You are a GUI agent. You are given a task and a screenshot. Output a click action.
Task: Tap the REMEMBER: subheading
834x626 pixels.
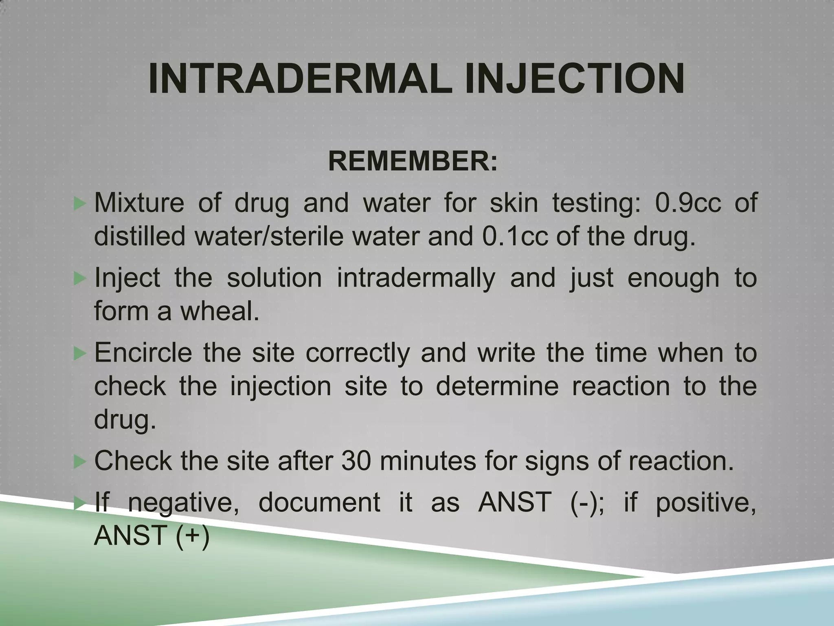413,161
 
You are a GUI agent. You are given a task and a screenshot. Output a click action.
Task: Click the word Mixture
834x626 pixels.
139,203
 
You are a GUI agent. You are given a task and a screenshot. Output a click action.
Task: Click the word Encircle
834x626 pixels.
143,353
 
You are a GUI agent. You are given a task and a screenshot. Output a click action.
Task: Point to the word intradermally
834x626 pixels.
416,278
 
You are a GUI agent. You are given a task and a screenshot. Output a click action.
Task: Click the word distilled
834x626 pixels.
140,236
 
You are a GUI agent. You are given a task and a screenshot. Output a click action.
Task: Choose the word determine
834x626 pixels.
497,386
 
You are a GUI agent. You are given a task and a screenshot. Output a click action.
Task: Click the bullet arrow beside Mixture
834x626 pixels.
80,203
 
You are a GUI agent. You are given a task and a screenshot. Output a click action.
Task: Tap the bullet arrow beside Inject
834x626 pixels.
80,278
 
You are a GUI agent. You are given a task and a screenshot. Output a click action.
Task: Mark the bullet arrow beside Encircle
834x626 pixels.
80,353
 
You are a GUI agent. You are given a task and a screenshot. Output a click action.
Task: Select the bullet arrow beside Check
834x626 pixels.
80,461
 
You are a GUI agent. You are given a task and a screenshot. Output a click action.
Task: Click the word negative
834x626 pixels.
183,503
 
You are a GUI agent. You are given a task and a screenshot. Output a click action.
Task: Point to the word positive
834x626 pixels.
706,503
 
